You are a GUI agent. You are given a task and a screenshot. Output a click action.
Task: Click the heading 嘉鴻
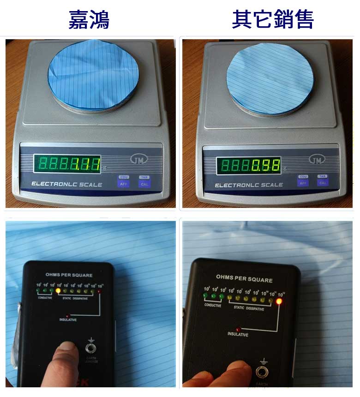89,19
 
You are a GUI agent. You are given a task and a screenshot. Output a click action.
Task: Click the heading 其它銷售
273,19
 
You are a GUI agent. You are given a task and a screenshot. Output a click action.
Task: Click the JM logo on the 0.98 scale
317,160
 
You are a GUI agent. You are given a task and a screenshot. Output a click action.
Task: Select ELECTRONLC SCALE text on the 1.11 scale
67,184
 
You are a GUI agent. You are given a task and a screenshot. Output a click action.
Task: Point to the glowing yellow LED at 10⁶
58,291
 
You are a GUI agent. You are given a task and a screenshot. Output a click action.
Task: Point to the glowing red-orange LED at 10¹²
279,302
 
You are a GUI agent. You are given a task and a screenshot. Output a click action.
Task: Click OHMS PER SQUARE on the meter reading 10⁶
69,275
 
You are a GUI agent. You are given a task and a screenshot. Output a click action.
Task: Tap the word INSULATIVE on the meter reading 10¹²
239,334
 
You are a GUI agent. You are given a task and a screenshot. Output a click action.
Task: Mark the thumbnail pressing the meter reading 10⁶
68,350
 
